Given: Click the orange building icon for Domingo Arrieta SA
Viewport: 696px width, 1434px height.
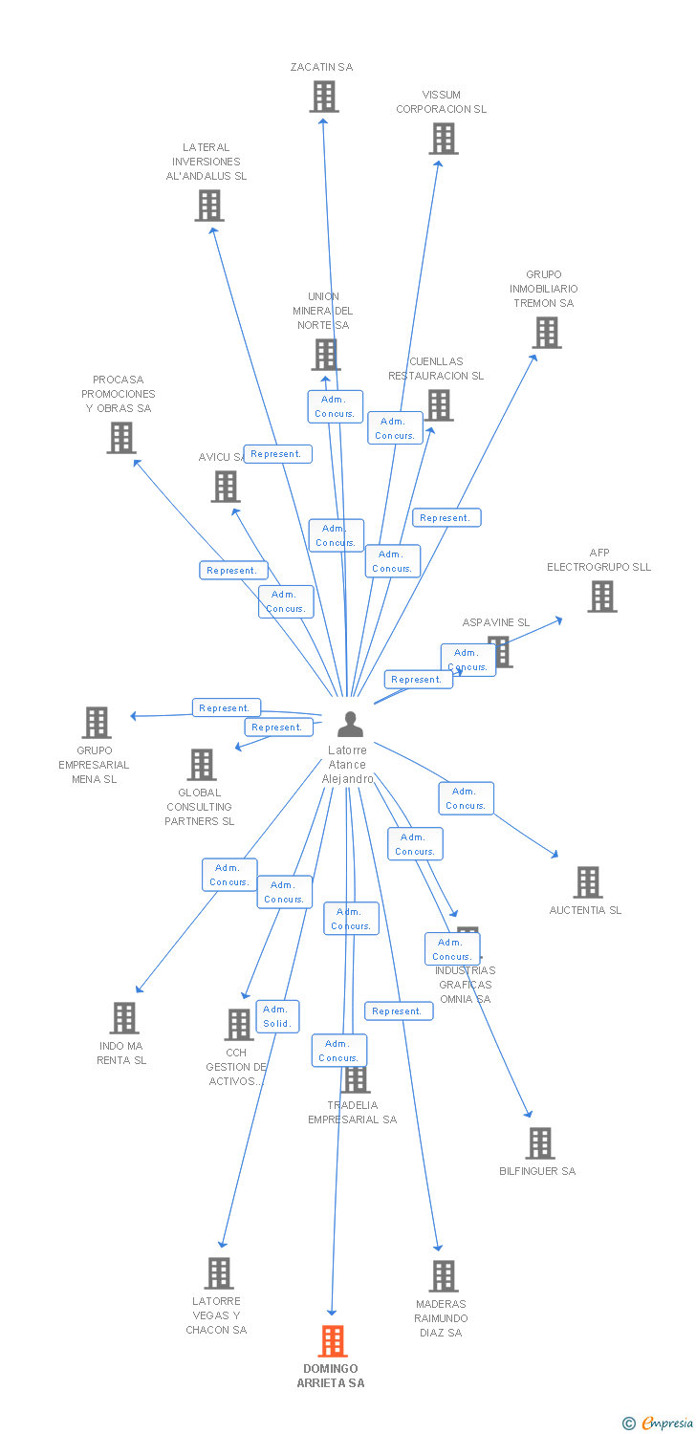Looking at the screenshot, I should [x=332, y=1341].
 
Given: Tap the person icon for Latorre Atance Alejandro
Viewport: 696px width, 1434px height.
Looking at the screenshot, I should [x=350, y=725].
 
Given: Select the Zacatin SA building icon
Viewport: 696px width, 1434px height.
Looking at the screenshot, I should [x=324, y=97].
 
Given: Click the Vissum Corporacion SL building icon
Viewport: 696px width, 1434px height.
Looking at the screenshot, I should [x=443, y=139].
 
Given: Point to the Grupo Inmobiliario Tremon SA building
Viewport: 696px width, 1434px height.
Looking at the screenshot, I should [x=546, y=333].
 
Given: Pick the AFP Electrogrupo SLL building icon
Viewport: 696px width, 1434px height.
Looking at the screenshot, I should [x=601, y=597].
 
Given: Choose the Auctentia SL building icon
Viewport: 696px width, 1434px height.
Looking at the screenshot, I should [x=587, y=882].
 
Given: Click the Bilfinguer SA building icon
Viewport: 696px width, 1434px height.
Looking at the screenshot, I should [x=540, y=1143].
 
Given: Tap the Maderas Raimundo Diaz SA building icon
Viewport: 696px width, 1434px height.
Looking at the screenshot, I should [x=443, y=1276].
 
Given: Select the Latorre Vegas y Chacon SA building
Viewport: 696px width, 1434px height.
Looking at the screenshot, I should [x=219, y=1273].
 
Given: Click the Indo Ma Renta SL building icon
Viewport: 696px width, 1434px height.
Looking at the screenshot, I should [x=124, y=1018].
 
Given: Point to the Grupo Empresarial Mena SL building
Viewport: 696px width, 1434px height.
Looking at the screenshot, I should [x=97, y=723].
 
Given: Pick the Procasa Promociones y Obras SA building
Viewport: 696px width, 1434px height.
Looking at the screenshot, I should [x=120, y=438].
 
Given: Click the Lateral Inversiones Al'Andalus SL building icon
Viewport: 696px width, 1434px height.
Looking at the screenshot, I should [x=209, y=206].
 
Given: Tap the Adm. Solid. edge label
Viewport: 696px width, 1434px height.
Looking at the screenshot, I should [x=277, y=1016].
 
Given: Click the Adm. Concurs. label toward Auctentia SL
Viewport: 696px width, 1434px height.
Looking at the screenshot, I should [x=466, y=798].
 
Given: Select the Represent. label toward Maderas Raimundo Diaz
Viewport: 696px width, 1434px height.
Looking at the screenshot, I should [x=398, y=1011].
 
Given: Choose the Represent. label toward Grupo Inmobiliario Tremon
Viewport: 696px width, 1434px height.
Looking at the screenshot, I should [x=446, y=518].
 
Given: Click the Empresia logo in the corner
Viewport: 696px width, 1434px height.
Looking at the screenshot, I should [x=658, y=1423].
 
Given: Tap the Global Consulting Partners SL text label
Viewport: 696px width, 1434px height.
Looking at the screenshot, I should [x=199, y=807].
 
